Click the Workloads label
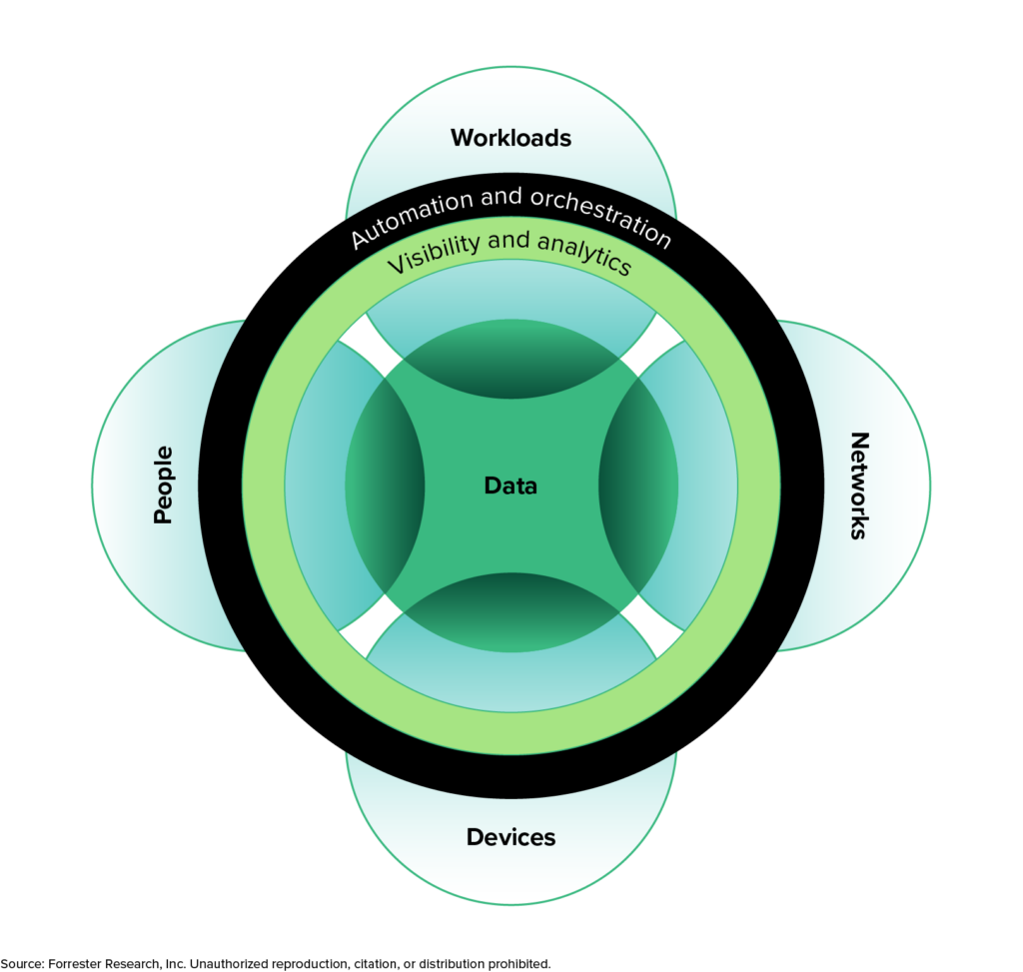tap(511, 138)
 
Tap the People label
tap(163, 486)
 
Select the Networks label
tap(858, 486)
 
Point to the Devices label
tap(511, 837)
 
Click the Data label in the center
tap(511, 486)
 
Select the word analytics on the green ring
tap(585, 254)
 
